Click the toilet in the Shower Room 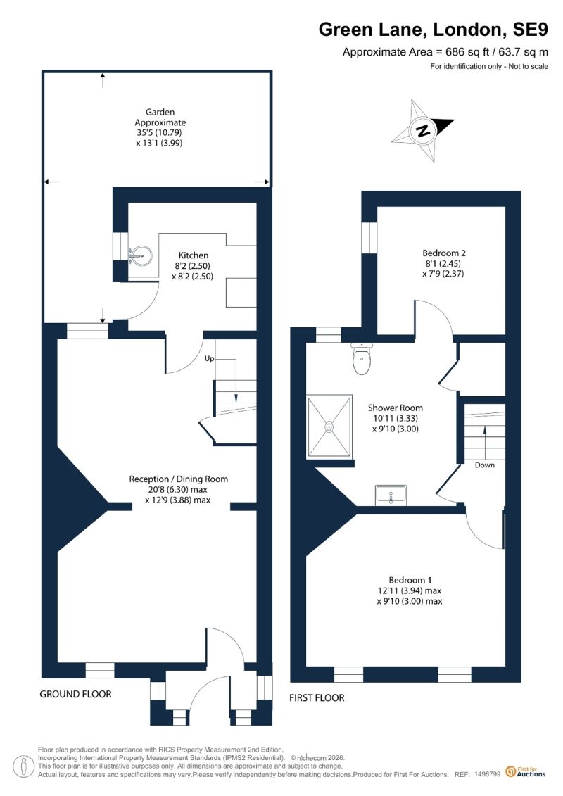[361, 358]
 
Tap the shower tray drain [329, 427]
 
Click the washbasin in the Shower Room [391, 495]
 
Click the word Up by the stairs [209, 358]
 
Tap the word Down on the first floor [484, 465]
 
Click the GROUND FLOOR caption [75, 694]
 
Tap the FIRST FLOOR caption [317, 698]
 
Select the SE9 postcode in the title [530, 30]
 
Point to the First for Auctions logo [526, 772]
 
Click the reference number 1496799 [488, 774]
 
